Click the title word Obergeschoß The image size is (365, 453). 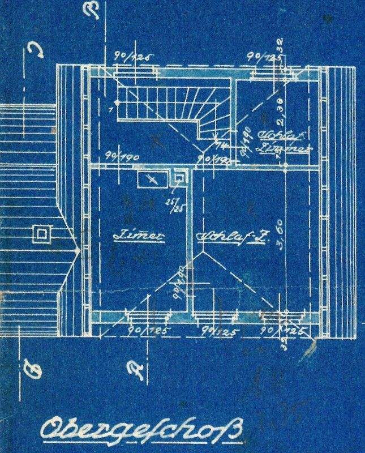point(141,430)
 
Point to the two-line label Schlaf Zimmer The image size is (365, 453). point(283,142)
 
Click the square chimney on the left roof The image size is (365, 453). point(41,233)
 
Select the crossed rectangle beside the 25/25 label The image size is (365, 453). point(151,179)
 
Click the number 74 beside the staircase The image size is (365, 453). point(219,146)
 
